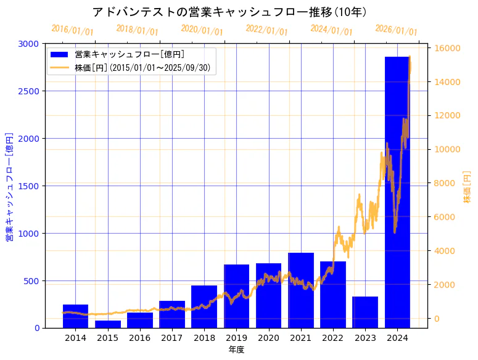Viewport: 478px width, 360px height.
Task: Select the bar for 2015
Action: [x=108, y=324]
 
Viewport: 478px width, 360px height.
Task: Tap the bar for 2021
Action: [x=301, y=290]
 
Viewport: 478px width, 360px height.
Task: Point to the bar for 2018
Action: [x=204, y=307]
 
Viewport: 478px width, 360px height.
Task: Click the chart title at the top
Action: [x=229, y=12]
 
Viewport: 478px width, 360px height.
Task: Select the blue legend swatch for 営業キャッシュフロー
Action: [x=59, y=54]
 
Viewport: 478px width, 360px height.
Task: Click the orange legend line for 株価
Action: [x=59, y=68]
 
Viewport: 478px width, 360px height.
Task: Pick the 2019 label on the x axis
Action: [x=236, y=338]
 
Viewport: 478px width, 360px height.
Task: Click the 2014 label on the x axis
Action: [x=75, y=338]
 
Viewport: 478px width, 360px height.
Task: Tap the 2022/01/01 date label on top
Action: [x=266, y=30]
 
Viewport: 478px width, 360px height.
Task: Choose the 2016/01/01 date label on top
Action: [x=72, y=30]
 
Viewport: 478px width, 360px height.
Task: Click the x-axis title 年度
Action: [x=236, y=350]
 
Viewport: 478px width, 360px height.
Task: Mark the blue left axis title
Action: [x=9, y=186]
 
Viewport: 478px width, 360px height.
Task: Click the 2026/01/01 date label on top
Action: [x=396, y=31]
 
